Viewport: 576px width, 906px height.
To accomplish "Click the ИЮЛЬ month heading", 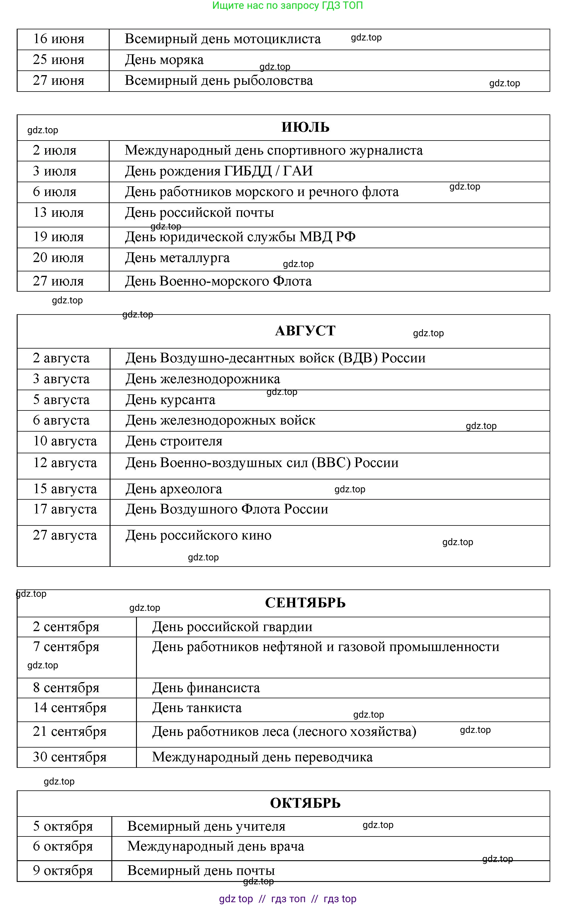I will click(305, 127).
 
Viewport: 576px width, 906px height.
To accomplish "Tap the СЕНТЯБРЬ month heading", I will click(305, 603).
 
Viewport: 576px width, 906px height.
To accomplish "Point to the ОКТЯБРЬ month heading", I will click(305, 803).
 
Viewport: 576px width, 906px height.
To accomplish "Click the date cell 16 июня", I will click(59, 39).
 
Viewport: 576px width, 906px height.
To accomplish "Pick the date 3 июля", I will click(55, 171).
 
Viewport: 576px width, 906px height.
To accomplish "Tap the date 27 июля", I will click(58, 281).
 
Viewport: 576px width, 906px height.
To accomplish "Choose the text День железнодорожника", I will click(203, 379).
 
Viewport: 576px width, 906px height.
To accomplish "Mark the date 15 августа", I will click(65, 489).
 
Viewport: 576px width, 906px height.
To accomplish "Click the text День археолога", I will click(174, 489).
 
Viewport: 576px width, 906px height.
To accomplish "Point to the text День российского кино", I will click(198, 535).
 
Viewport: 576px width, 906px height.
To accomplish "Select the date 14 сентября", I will click(70, 708).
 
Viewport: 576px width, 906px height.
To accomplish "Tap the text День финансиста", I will click(206, 688).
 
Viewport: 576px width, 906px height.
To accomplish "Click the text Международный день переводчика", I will click(262, 757).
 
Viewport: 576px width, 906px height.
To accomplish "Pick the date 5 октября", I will click(63, 826).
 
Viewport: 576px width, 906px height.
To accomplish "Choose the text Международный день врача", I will click(216, 846).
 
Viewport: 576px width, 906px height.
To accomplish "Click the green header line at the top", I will click(288, 6).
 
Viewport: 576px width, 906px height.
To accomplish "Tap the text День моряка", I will click(164, 60).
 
